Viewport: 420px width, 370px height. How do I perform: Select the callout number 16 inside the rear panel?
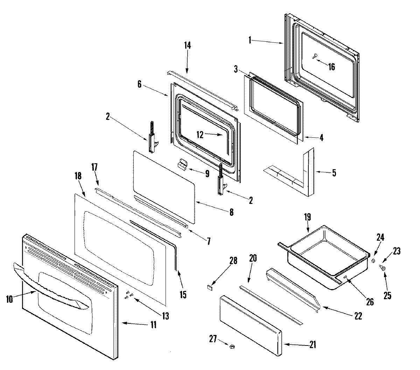pos(331,66)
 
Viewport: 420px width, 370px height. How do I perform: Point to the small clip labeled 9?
pos(182,164)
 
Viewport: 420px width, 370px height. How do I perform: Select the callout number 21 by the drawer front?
pos(312,345)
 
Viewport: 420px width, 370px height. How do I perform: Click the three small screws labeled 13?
pos(128,295)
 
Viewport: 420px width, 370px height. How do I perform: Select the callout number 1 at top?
pos(250,41)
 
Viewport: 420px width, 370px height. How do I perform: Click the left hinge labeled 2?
pos(151,138)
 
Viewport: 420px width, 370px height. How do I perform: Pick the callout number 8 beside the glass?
pos(231,212)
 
